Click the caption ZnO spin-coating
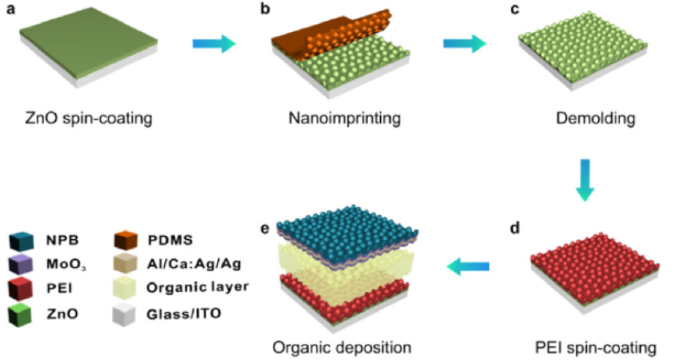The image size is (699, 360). (x=86, y=118)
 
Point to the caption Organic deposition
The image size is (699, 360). (x=342, y=347)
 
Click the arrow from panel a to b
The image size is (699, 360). (x=214, y=44)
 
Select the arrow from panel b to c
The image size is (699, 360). (x=464, y=44)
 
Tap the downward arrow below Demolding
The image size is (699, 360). (x=585, y=179)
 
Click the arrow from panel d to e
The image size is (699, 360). (x=470, y=265)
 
